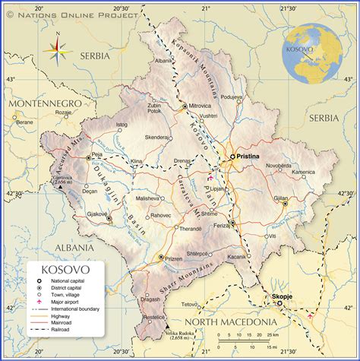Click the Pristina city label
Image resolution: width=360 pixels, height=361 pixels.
248,156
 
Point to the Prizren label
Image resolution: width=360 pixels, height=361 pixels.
174,258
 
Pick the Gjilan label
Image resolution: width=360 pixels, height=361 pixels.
281,198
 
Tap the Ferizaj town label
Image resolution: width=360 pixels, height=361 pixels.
222,226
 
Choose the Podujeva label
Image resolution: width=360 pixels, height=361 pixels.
232,97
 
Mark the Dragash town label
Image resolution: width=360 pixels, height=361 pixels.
150,299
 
